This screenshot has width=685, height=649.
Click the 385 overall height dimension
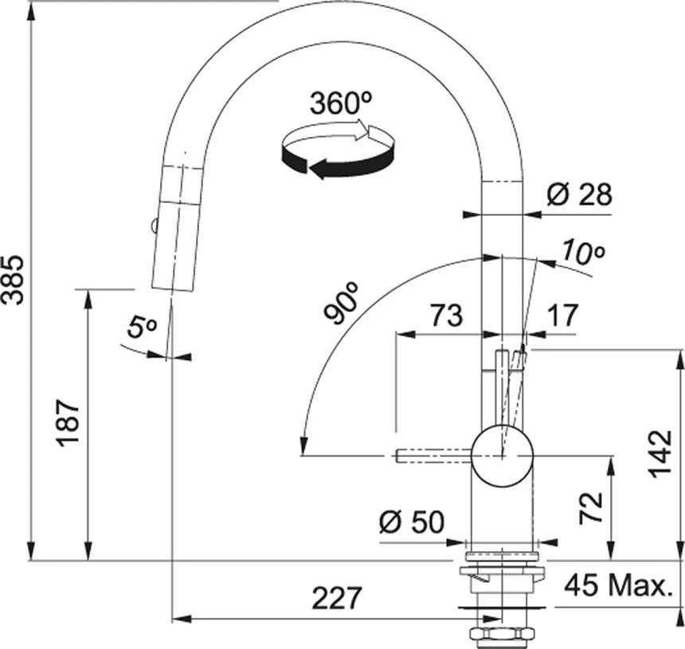[12, 280]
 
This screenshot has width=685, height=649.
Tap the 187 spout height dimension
[68, 422]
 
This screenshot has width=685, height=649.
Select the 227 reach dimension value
[337, 598]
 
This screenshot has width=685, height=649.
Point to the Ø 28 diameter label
[580, 194]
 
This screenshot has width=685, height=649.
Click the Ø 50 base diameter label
[412, 522]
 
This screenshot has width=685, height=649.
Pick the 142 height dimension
[660, 454]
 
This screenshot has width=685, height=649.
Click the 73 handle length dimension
[446, 315]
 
